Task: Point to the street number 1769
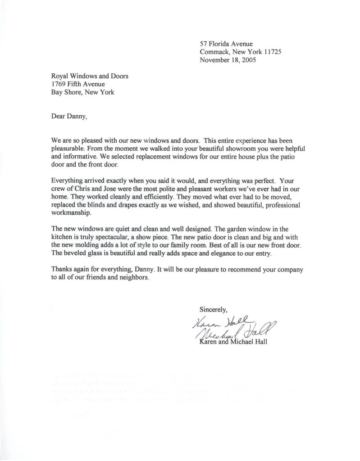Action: [x=59, y=84]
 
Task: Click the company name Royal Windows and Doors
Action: [x=89, y=76]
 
